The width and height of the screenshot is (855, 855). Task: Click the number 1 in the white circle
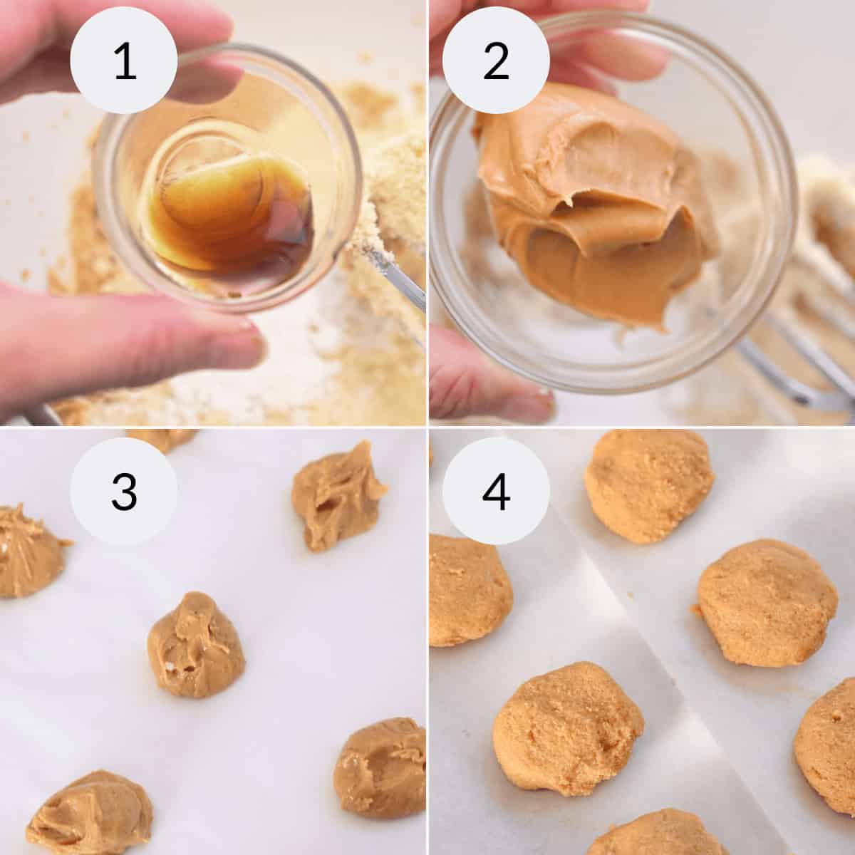(x=124, y=62)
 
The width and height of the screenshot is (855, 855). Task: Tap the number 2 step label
(x=496, y=62)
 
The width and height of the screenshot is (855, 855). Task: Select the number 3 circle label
(x=124, y=491)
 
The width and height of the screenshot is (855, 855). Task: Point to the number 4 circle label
(x=496, y=491)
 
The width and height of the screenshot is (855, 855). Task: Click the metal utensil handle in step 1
(x=399, y=285)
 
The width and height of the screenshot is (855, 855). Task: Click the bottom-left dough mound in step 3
(x=78, y=812)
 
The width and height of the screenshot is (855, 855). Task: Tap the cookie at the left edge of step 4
(x=467, y=591)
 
